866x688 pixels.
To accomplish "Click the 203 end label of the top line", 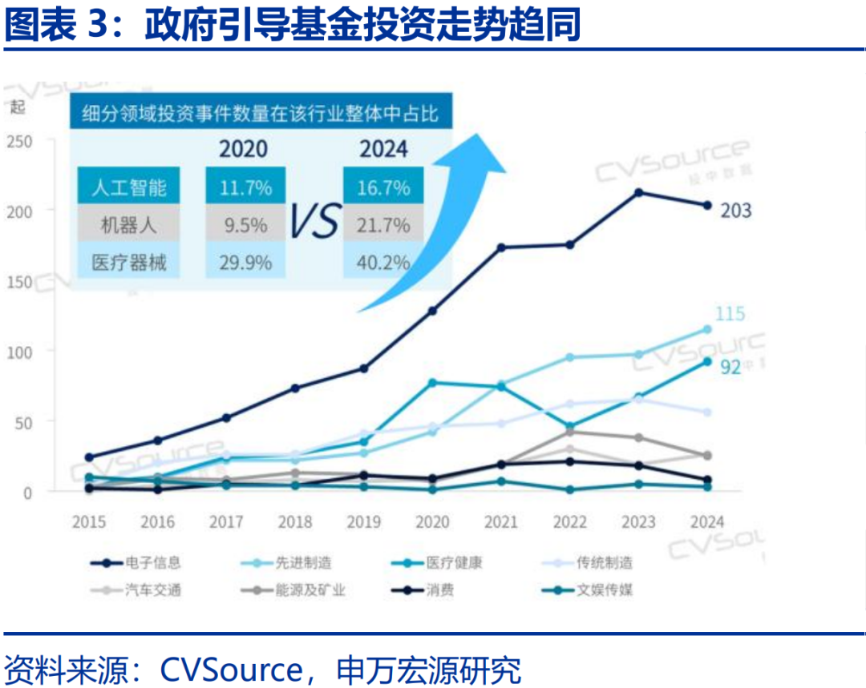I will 735,211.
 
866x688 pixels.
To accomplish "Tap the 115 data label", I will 730,313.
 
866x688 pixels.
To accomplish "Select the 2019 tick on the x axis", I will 364,522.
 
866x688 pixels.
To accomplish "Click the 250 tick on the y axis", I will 19,141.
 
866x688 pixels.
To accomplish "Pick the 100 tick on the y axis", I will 19,351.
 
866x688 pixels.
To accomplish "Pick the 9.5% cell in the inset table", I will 245,225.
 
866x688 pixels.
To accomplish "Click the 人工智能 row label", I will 129,187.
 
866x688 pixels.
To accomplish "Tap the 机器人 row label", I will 129,225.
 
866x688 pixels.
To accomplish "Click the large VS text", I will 314,223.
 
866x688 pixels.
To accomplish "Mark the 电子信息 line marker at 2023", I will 639,192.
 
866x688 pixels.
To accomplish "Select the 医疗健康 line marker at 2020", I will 433,383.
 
